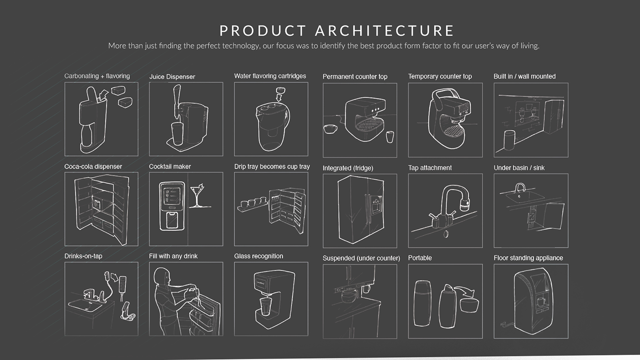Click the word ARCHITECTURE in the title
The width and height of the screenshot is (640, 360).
point(384,31)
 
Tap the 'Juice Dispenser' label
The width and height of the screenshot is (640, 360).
point(172,77)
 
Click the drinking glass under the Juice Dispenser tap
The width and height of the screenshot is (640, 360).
point(177,134)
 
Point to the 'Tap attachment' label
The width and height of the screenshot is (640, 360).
point(430,168)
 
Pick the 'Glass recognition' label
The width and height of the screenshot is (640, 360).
point(259,256)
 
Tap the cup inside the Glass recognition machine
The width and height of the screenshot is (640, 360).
point(265,307)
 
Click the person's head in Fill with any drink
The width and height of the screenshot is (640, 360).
point(161,276)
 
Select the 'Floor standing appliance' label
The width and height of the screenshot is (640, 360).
point(528,258)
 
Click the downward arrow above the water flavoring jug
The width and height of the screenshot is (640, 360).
point(279,98)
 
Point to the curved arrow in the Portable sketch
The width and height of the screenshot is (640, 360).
point(465,291)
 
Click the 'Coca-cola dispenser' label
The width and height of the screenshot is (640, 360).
point(93,167)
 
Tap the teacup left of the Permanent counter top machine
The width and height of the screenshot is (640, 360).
point(331,129)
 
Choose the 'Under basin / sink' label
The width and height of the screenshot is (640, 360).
point(519,168)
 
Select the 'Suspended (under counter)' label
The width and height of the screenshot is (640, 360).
point(361,258)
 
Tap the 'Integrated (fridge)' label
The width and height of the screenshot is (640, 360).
point(348,168)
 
